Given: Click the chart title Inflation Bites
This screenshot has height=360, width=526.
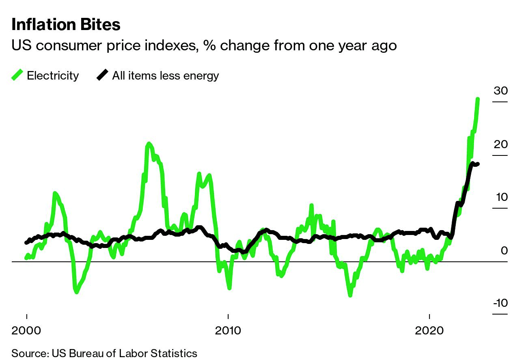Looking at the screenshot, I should point(66,25).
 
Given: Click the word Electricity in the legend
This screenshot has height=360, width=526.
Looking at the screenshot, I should point(53,75).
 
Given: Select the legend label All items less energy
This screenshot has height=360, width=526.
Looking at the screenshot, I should point(166,75).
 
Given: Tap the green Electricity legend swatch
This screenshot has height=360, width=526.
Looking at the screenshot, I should point(17,75).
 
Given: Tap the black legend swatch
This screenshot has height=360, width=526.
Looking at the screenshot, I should point(102,75).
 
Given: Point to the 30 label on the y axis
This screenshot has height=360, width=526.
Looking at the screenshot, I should point(500,91).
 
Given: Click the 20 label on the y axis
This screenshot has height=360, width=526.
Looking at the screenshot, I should point(500,144).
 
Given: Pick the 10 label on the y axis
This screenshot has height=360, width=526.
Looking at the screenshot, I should point(500,197).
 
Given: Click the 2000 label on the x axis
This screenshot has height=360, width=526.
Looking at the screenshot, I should point(27,330).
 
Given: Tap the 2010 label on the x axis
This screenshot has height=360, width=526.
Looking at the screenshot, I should point(229,330).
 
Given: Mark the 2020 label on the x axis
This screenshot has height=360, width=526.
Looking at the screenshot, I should point(429,330).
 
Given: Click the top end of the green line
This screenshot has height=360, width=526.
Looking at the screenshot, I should point(478,99).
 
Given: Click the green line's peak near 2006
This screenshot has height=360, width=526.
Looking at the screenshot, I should point(149,144).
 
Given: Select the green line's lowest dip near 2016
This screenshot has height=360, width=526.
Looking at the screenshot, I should point(350,295).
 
